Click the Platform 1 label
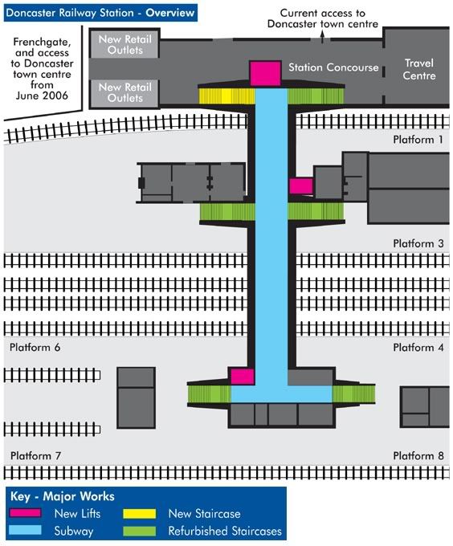(418, 140)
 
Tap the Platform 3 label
(418, 243)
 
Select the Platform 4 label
(418, 347)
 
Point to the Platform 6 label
(35, 347)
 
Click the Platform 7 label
(35, 455)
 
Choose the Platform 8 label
(418, 455)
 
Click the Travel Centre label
(419, 69)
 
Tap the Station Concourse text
(333, 67)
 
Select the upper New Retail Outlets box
(124, 45)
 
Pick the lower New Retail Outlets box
(124, 93)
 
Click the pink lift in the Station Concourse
(265, 73)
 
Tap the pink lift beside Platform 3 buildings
(301, 186)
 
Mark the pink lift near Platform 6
(243, 377)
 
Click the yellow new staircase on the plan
(226, 96)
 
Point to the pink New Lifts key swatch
(26, 513)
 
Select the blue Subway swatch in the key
(26, 530)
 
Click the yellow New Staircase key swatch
(140, 514)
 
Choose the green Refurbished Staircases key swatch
(140, 531)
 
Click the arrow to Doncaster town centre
(322, 37)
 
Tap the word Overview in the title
(170, 13)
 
